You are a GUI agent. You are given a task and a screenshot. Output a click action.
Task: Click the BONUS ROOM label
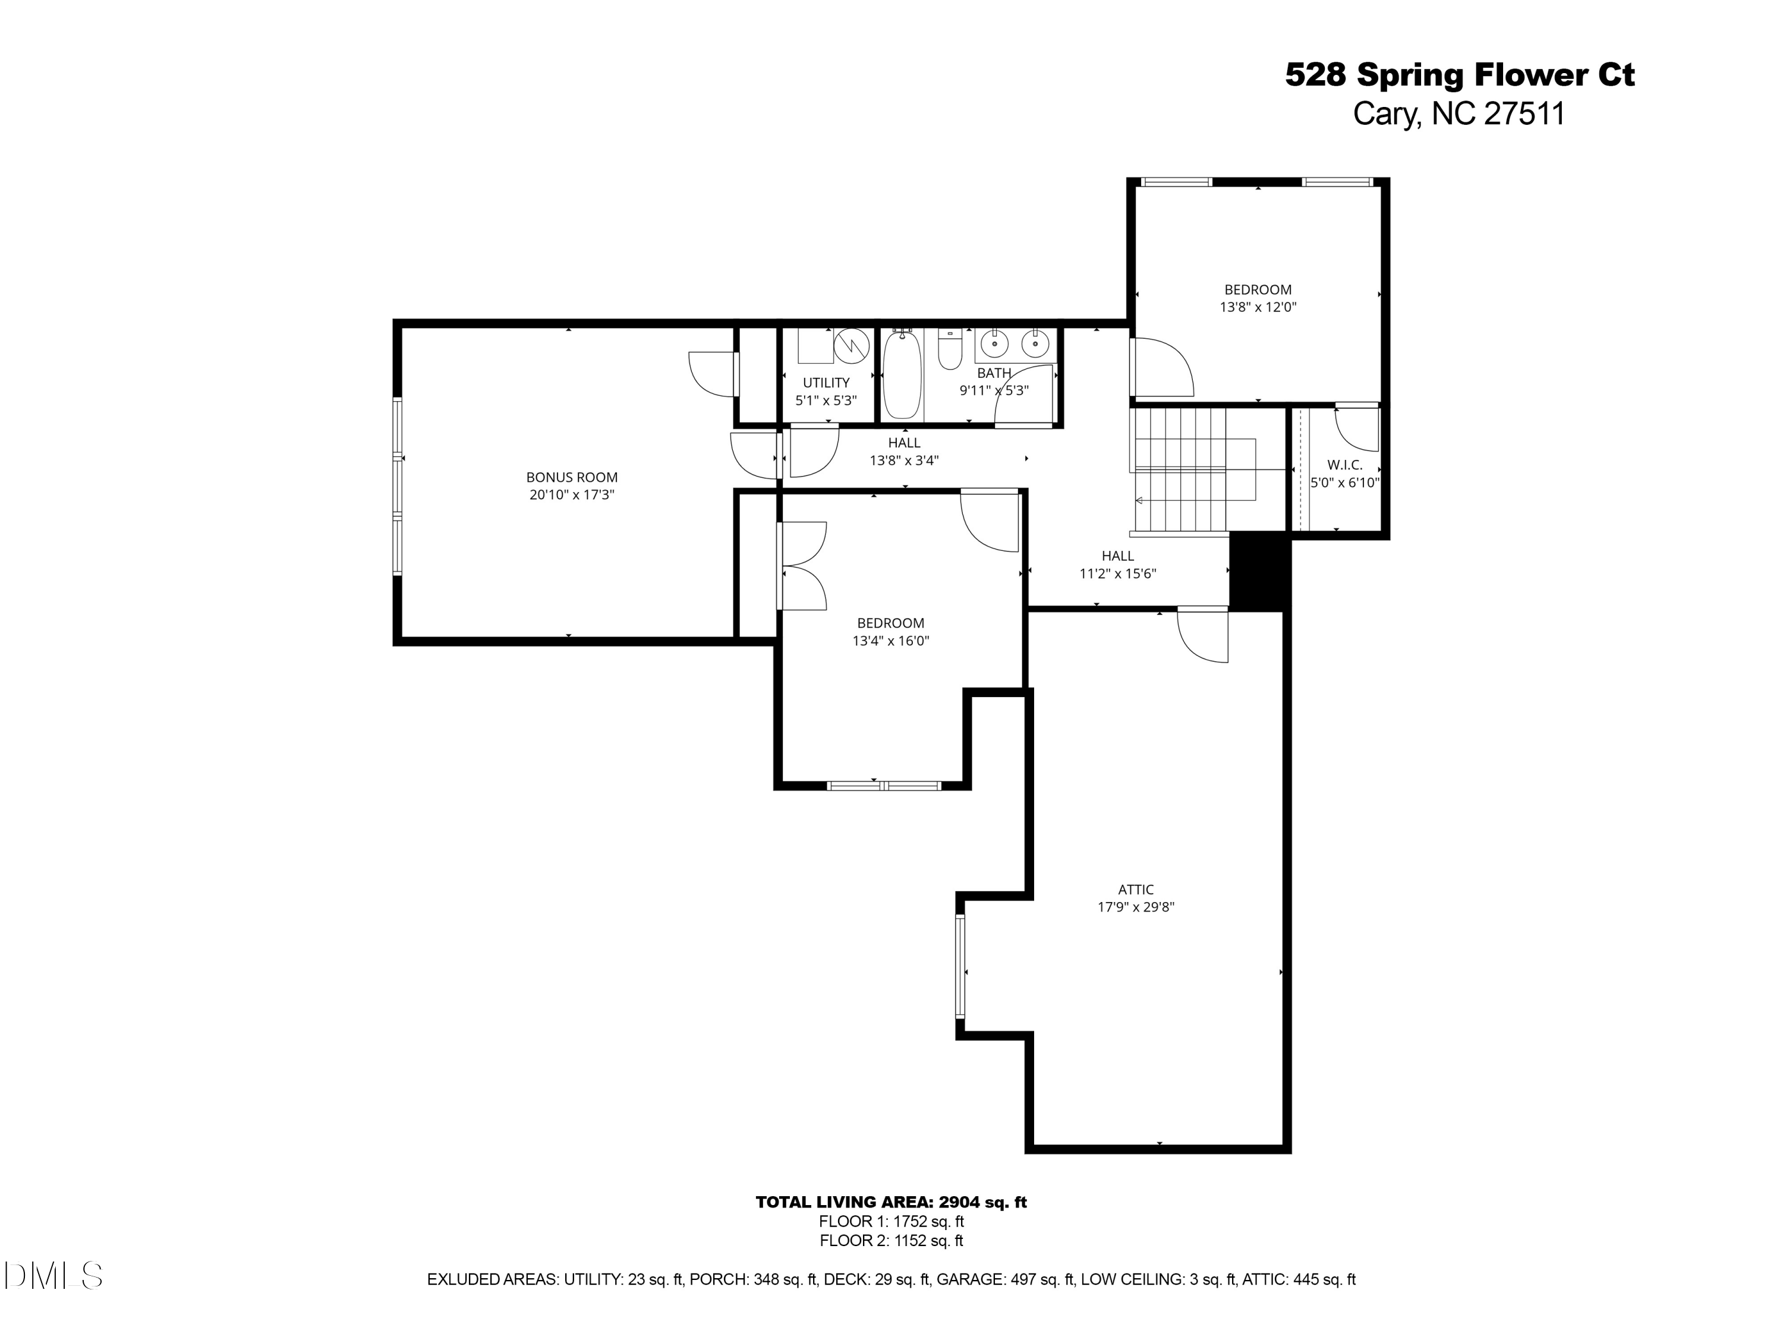[x=572, y=477]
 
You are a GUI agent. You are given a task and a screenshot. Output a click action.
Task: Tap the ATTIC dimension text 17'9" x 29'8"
[x=1135, y=907]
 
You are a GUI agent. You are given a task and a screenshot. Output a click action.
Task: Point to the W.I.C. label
[x=1344, y=465]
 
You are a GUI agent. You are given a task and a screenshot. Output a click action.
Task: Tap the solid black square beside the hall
[x=1259, y=572]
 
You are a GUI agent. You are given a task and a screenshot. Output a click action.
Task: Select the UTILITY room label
[x=826, y=383]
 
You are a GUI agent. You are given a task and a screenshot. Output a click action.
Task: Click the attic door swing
[x=1201, y=636]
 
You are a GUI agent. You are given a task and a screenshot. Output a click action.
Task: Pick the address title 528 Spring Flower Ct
[x=1459, y=75]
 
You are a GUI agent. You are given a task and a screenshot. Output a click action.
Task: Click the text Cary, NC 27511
[x=1459, y=113]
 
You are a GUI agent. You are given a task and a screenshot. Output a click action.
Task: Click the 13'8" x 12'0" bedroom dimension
[x=1258, y=307]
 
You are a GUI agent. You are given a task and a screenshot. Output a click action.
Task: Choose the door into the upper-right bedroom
[x=1161, y=367]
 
